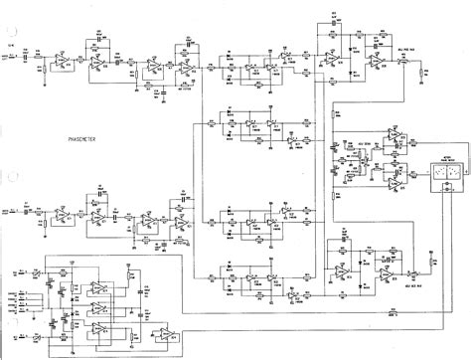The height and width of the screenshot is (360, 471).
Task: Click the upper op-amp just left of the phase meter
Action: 394,137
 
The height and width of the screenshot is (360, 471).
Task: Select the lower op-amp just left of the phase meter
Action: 394,180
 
